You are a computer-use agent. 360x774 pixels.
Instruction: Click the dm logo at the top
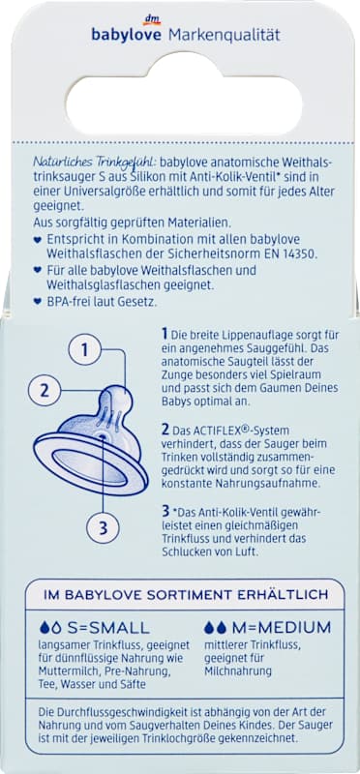pos(150,19)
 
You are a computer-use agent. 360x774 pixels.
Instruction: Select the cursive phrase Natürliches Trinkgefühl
pos(94,162)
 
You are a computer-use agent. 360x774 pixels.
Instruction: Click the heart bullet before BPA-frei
pos(37,302)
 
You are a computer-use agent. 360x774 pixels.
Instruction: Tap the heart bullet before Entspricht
pos(37,239)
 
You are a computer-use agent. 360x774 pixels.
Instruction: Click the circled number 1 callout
pos(85,350)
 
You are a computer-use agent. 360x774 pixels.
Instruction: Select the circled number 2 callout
pos(45,391)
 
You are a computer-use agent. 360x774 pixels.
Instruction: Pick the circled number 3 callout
pos(103,527)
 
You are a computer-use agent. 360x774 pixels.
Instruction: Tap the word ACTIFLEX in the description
pos(213,430)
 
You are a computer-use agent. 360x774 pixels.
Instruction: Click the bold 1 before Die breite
pos(165,334)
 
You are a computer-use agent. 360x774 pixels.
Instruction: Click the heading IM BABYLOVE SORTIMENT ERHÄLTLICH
pos(186,594)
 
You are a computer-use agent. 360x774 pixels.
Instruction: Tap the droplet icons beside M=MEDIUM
pos(215,627)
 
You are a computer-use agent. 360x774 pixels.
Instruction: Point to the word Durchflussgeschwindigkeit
pos(114,714)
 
